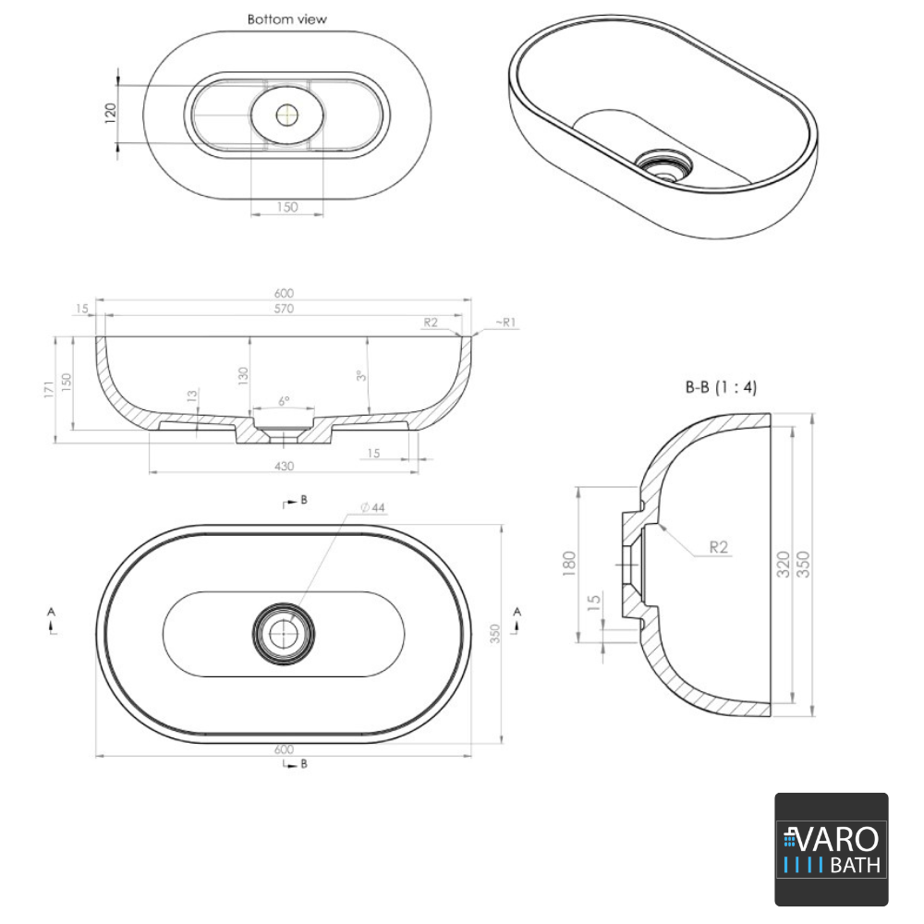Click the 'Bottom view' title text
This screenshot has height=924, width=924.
click(x=286, y=19)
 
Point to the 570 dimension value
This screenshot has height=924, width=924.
click(x=284, y=309)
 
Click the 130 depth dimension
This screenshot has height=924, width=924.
click(x=243, y=375)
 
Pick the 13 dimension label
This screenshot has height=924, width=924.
click(x=191, y=397)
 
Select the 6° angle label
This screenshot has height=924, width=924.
click(x=284, y=402)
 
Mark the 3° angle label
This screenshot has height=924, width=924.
click(x=362, y=376)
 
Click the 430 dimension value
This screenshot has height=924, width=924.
click(x=284, y=467)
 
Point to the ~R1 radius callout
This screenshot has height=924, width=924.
click(x=505, y=322)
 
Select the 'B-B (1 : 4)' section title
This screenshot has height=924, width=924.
click(x=721, y=387)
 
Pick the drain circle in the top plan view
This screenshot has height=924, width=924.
click(x=284, y=631)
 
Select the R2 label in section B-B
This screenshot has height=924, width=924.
click(x=720, y=547)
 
